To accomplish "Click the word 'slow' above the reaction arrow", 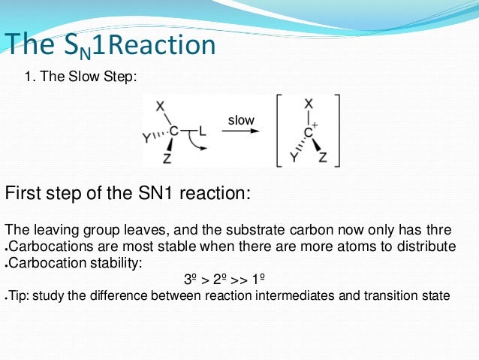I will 241,120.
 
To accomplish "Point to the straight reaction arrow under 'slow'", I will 243,132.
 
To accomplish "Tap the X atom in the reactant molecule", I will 160,107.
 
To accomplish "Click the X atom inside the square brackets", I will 309,104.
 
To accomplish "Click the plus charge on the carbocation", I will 316,123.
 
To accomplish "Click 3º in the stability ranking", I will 191,279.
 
